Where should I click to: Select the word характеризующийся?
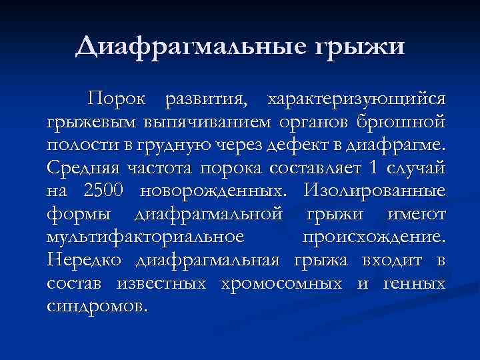(356, 99)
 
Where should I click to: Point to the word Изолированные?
(373, 192)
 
